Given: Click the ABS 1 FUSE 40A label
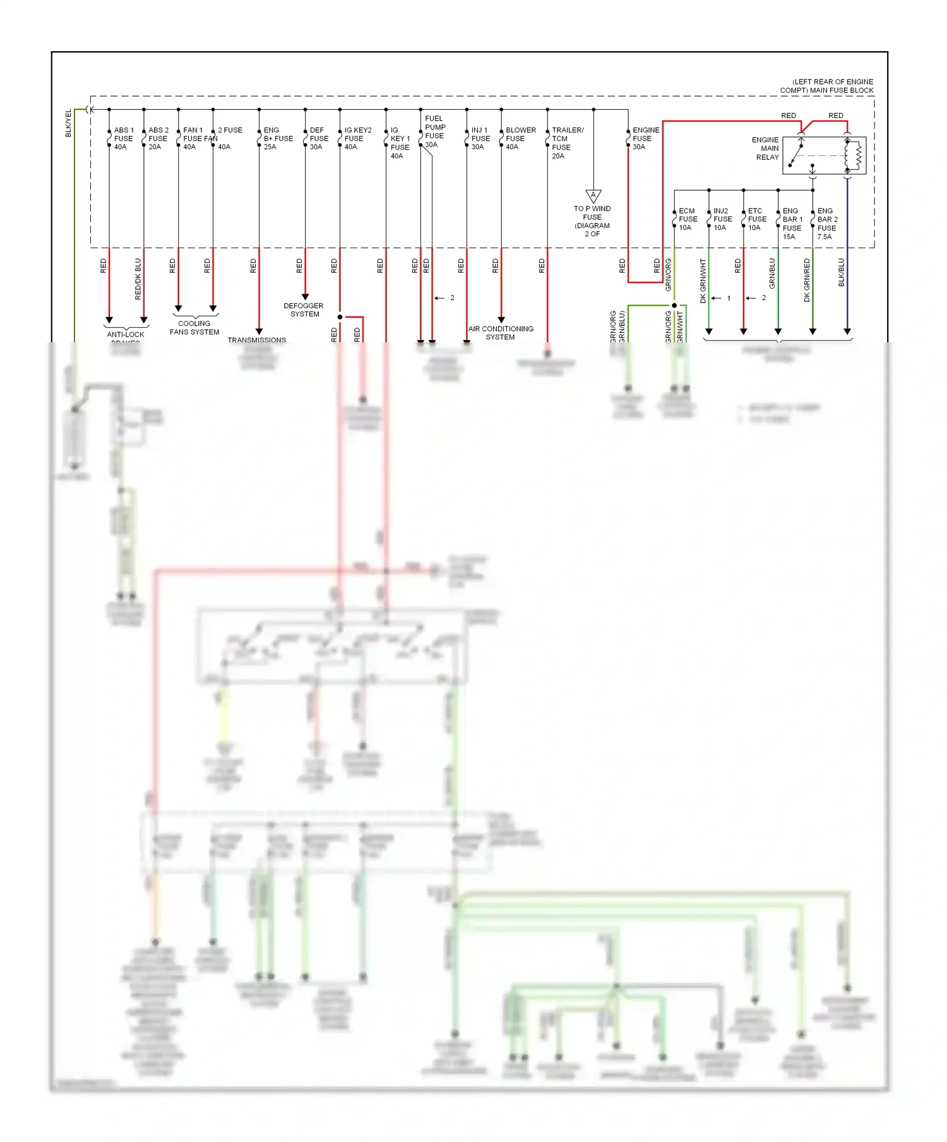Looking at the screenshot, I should click(123, 138).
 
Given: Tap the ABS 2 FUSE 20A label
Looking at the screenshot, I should click(158, 138).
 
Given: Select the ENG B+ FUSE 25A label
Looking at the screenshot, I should click(278, 138).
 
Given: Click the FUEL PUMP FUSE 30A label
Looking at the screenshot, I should click(434, 131).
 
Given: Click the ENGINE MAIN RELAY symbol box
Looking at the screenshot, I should click(824, 155).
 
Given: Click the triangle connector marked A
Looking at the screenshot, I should click(593, 196).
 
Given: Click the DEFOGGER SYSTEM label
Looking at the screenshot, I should click(304, 310).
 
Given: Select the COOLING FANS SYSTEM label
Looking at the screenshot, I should click(194, 327).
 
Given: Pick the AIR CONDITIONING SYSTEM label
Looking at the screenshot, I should click(501, 333).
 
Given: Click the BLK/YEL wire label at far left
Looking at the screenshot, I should click(69, 123).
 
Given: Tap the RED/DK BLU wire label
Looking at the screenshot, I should click(138, 279).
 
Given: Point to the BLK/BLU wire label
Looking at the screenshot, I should click(841, 272).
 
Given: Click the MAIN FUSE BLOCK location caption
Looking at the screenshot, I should click(827, 86).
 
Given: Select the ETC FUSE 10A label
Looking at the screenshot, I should click(756, 219).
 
